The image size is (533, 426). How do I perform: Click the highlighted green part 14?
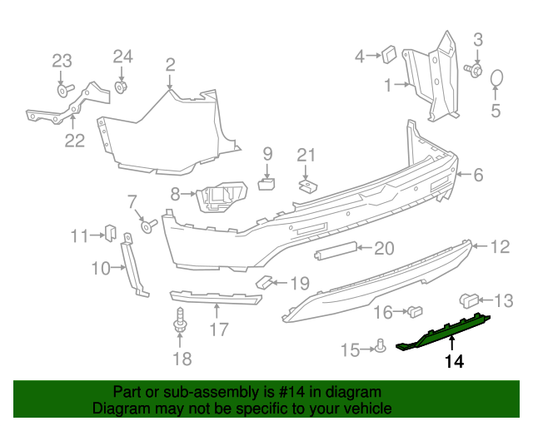(442, 334)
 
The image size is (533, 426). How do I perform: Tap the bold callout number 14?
(453, 361)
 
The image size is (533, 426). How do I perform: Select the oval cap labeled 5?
(496, 78)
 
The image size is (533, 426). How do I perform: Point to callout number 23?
(62, 61)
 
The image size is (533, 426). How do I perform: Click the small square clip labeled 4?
(389, 55)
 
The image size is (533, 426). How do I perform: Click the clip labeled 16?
(413, 312)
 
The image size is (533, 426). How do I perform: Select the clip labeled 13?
(468, 300)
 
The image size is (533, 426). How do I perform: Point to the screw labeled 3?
(476, 70)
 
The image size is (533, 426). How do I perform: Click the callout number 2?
(170, 64)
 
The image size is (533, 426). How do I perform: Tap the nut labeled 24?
(122, 86)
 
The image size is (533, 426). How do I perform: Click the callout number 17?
(218, 330)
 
